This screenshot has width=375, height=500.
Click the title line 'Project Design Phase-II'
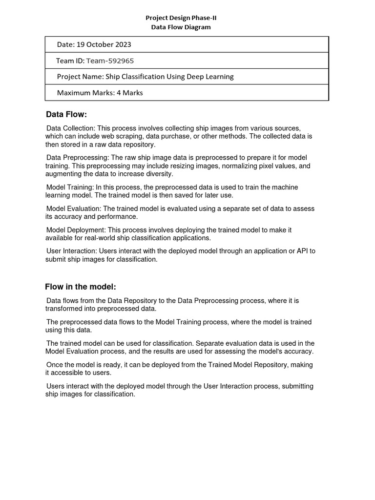(181, 18)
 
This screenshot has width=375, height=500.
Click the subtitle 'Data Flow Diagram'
(181, 27)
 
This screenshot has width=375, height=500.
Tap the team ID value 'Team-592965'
(110, 61)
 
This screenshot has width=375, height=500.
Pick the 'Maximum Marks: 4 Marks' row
(100, 92)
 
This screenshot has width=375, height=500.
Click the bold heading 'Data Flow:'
(66, 115)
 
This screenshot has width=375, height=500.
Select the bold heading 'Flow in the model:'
(81, 287)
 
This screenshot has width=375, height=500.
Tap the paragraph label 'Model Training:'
(69, 187)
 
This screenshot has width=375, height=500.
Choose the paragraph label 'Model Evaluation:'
(74, 208)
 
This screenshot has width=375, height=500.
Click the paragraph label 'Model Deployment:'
(76, 230)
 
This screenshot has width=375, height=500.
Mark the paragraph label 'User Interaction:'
(71, 251)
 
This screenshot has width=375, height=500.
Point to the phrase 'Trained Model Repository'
(261, 365)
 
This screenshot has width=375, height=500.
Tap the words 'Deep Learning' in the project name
(212, 77)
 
